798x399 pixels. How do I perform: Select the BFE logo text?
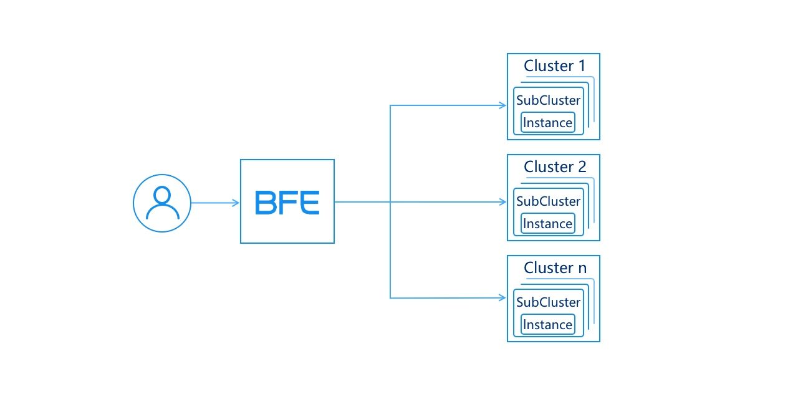coord(287,203)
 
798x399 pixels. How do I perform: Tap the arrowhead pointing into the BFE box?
coord(236,203)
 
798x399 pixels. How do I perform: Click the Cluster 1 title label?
coord(555,66)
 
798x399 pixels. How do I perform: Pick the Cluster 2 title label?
coord(555,166)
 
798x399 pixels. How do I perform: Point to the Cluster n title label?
coord(555,268)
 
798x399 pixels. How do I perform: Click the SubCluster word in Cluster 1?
coord(548,100)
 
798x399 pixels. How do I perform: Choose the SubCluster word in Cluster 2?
coord(548,201)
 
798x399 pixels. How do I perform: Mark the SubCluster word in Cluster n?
coord(548,302)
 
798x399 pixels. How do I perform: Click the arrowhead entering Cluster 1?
coord(502,105)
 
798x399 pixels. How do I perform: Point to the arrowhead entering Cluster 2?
coord(502,202)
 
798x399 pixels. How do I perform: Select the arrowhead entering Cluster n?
coord(502,298)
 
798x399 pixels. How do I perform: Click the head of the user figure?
coord(163,196)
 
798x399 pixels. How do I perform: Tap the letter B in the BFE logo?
coord(266,203)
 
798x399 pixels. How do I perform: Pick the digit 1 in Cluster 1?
coord(582,66)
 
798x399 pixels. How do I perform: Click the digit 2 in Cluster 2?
coord(582,166)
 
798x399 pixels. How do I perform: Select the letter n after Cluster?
coord(582,269)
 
